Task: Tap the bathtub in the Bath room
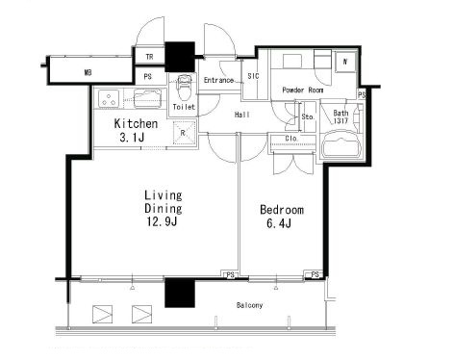point(341,143)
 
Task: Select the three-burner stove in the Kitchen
point(109,98)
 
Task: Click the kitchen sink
point(147,98)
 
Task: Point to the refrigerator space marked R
point(184,133)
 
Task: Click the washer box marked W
point(345,62)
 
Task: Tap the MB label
point(88,73)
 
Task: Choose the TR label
point(149,57)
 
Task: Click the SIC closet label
point(253,76)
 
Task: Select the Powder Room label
point(303,90)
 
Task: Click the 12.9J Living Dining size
point(162,221)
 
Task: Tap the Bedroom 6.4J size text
point(279,223)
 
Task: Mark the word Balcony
point(250,305)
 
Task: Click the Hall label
point(242,115)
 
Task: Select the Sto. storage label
point(308,117)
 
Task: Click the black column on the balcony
point(180,293)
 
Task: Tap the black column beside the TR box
point(180,57)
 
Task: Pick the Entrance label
point(218,80)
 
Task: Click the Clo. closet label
point(291,139)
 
